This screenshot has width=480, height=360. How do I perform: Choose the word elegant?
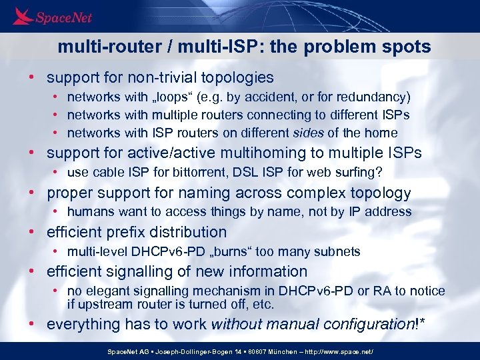107,291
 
